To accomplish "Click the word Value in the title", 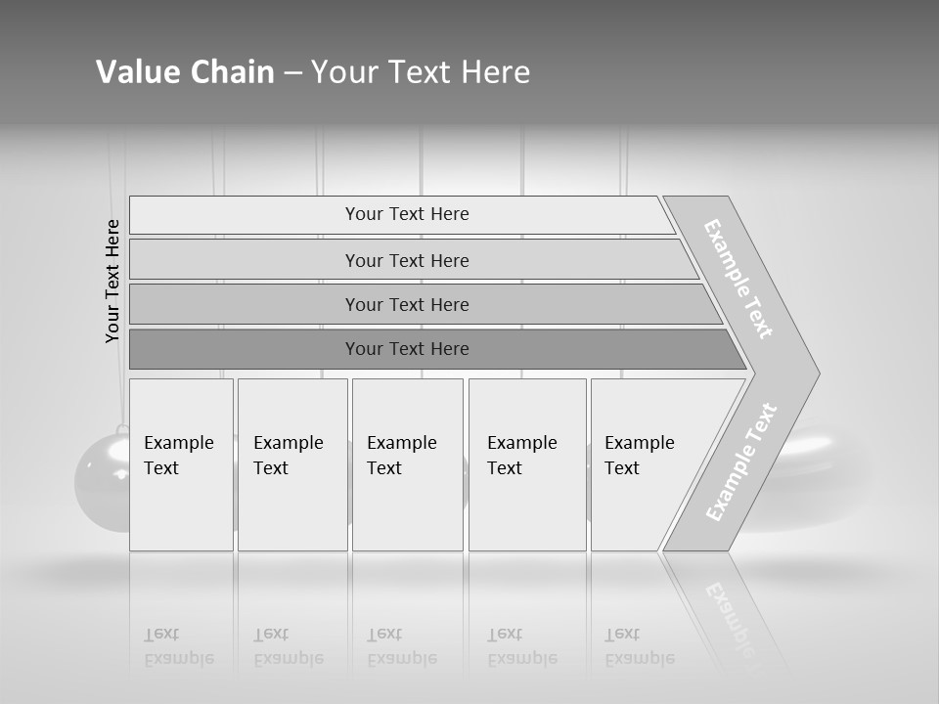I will click(135, 72).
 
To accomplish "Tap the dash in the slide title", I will click(292, 73).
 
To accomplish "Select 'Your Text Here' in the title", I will click(420, 72).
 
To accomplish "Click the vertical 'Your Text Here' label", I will click(112, 282).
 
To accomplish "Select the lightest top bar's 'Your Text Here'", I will click(407, 214).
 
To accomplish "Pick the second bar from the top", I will click(407, 260).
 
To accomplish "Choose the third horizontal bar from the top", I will click(407, 304).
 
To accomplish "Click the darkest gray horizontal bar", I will click(407, 349).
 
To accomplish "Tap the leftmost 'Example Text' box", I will click(181, 464).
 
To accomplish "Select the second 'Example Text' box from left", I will click(291, 464).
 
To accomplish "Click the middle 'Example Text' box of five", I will click(407, 464).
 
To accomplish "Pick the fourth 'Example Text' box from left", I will click(527, 464).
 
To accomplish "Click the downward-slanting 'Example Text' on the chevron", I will click(738, 279).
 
